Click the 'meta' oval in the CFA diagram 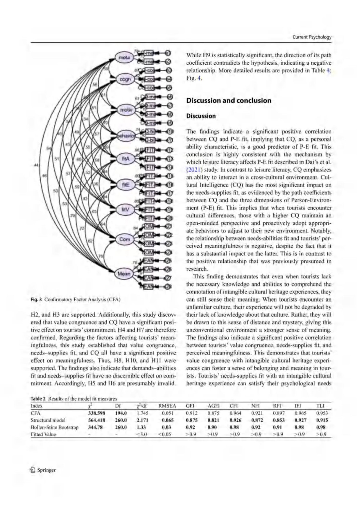(x=124, y=58)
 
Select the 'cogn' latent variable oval (x=125, y=79)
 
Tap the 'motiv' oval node (x=126, y=110)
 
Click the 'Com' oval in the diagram (x=125, y=239)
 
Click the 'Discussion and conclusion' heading (x=229, y=100)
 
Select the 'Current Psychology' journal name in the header (x=312, y=37)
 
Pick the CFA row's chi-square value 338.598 (x=96, y=413)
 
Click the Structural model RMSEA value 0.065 (x=168, y=420)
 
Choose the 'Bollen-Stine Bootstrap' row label (x=54, y=427)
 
